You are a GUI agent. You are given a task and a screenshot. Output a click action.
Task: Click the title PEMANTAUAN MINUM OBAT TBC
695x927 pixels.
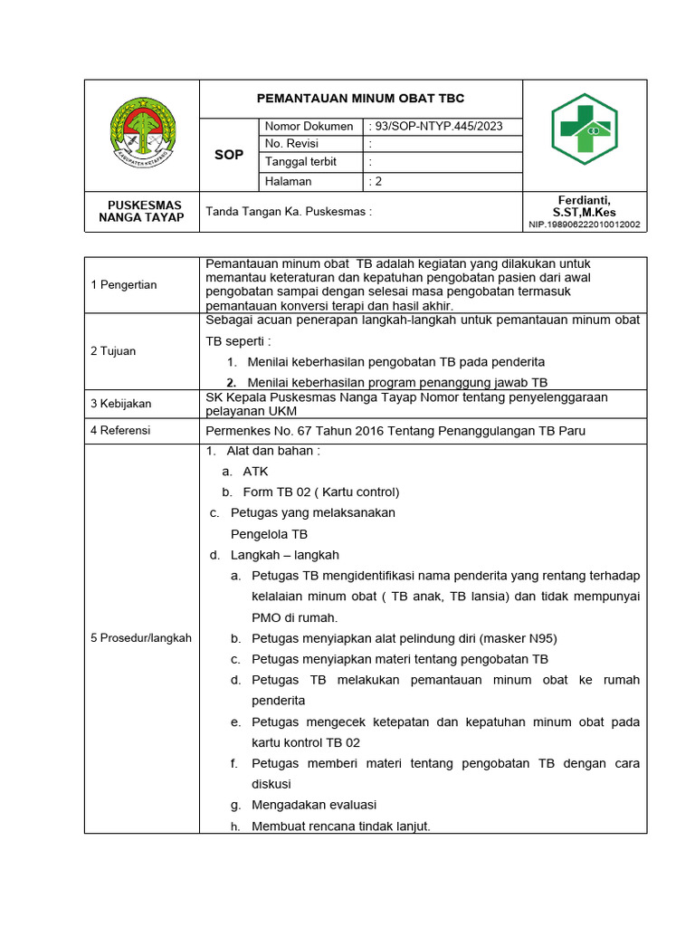pyautogui.click(x=360, y=98)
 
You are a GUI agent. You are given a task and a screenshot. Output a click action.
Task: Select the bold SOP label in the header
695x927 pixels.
pyautogui.click(x=229, y=155)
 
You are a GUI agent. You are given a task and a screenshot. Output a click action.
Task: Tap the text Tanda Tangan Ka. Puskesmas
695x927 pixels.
pyautogui.click(x=290, y=212)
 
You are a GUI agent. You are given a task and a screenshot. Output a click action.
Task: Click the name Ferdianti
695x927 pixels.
pyautogui.click(x=585, y=199)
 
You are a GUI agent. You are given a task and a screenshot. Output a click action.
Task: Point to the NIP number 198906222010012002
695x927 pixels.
pyautogui.click(x=585, y=225)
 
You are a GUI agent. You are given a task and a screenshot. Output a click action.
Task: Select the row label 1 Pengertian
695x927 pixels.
pyautogui.click(x=124, y=285)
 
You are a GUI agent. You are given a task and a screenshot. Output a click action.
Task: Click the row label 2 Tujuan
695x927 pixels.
pyautogui.click(x=113, y=350)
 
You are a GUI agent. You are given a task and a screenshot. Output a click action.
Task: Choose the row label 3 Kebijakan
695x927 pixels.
pyautogui.click(x=121, y=404)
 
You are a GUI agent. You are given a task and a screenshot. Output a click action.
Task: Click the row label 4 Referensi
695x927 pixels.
pyautogui.click(x=120, y=431)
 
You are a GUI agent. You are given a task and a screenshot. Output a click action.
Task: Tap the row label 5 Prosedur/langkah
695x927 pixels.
pyautogui.click(x=141, y=638)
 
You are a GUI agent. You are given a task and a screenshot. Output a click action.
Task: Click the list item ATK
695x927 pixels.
pyautogui.click(x=255, y=472)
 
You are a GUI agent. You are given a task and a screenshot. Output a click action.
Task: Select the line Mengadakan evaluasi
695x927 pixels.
pyautogui.click(x=314, y=805)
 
